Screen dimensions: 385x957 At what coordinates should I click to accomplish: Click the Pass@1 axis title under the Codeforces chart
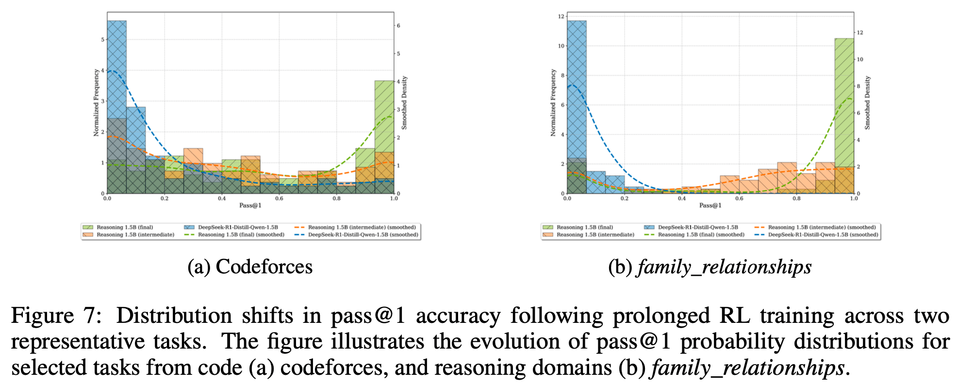click(250, 205)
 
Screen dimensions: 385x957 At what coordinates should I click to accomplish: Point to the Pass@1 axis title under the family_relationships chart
click(710, 205)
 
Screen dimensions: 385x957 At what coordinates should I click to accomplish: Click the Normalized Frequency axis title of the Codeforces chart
click(96, 102)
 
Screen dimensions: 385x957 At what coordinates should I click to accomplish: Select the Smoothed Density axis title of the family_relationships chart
click(868, 102)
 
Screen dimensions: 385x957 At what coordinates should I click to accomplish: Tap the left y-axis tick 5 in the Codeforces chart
click(102, 39)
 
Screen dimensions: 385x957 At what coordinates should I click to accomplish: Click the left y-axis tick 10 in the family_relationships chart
click(561, 46)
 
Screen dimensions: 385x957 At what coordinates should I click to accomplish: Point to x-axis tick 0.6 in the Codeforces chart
click(279, 199)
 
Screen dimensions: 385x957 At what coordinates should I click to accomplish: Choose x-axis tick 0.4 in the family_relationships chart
click(682, 199)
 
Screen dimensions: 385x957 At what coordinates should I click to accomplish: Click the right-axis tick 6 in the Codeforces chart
click(398, 25)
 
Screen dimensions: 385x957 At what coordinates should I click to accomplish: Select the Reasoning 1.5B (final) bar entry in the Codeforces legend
click(124, 227)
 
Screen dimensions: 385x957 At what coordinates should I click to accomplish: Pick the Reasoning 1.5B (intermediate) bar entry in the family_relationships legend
click(595, 235)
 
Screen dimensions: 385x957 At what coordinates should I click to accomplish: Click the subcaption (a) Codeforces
click(250, 267)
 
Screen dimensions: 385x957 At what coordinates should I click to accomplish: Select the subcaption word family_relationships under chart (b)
click(724, 267)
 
